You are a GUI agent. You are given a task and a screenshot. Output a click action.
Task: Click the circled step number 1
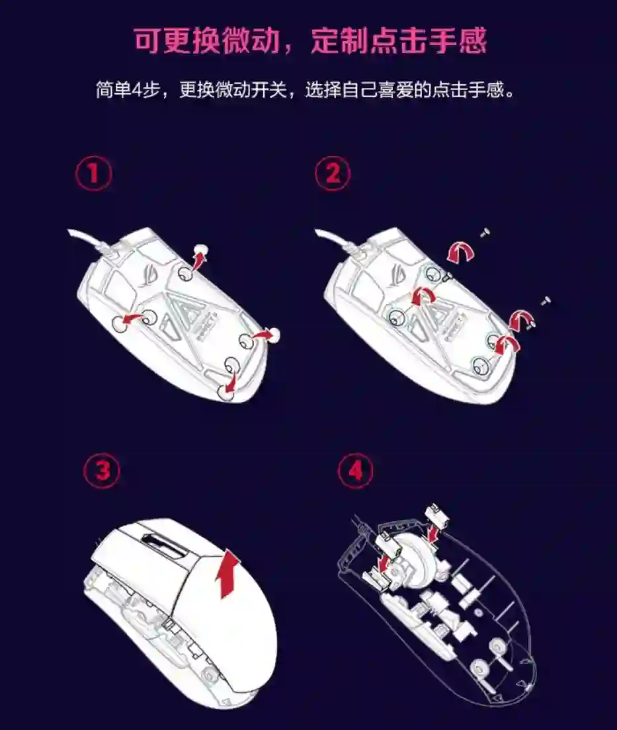[94, 174]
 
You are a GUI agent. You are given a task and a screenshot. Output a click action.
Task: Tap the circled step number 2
[333, 174]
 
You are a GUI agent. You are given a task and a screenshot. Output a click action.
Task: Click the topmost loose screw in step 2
[485, 232]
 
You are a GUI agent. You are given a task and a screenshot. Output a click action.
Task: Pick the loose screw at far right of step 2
[546, 301]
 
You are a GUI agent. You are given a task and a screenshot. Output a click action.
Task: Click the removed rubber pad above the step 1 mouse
[201, 249]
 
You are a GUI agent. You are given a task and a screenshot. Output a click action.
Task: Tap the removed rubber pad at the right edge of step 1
[274, 334]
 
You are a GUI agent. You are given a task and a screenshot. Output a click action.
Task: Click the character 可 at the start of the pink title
[148, 40]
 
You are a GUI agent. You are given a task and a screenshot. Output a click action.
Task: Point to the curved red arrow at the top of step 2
[461, 252]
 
